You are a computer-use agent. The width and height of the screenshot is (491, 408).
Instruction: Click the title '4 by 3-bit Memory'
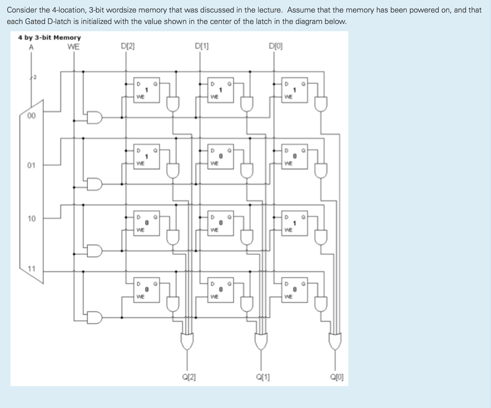coord(49,37)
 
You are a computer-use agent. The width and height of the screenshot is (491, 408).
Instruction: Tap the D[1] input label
coord(201,47)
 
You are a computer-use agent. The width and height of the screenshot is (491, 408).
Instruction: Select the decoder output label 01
coord(31,166)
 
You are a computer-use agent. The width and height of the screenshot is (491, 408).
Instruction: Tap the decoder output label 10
coord(31,218)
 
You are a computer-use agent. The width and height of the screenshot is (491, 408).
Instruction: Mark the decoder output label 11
coord(31,268)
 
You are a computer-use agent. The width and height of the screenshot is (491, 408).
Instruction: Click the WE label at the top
coord(73,47)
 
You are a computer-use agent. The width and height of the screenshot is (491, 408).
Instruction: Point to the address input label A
coord(32,47)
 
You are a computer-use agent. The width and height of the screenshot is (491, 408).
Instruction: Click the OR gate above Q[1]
coord(261,340)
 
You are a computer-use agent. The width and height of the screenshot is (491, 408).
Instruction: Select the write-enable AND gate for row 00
coord(94,117)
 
